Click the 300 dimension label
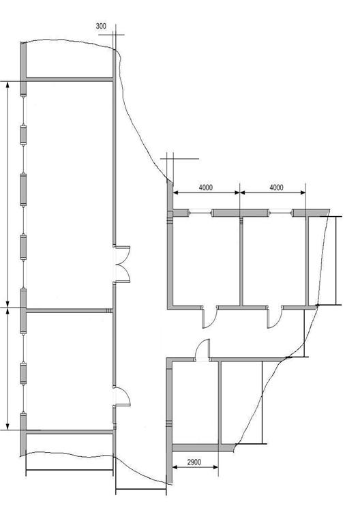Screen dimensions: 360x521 pos(101,26)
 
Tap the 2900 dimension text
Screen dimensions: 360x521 pos(194,462)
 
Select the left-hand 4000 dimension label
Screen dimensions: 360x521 pos(206,188)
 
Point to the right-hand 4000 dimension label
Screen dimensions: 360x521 pos(276,188)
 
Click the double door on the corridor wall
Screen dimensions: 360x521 pos(122,265)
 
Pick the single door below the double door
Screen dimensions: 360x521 pos(122,396)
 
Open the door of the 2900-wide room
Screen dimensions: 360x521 pos(202,351)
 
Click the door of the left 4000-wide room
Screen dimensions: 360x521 pos(209,317)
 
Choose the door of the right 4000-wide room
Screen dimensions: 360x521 pos(275,317)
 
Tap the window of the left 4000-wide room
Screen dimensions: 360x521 pos(200,213)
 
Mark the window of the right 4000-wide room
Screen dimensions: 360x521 pos(280,213)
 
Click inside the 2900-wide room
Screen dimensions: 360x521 pos(195,402)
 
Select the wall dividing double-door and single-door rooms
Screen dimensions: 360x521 pos(70,311)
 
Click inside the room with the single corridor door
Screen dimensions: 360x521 pos(69,371)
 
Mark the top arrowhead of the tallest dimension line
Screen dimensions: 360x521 pos(7,85)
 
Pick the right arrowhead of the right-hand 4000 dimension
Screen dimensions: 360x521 pos(303,192)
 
